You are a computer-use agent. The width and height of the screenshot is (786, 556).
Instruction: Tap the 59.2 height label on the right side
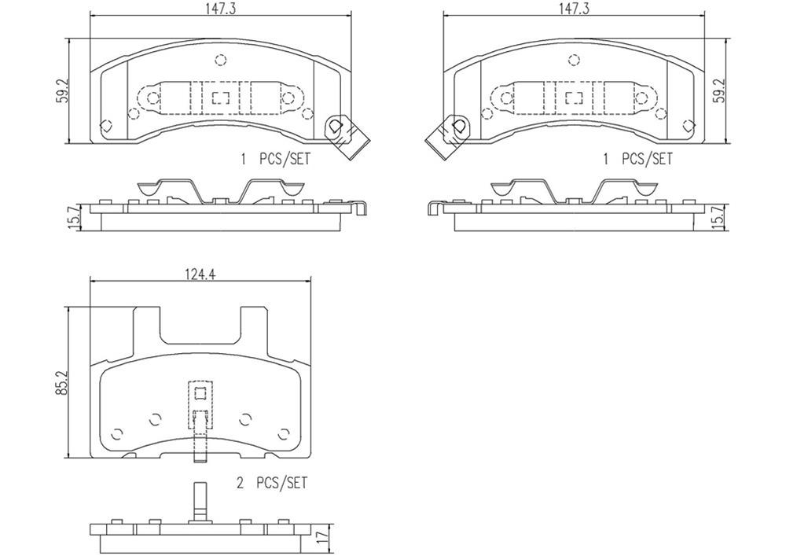pos(717,90)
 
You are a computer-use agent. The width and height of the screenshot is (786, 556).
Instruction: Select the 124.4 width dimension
pos(200,274)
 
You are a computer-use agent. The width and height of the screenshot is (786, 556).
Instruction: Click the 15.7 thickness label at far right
pos(718,216)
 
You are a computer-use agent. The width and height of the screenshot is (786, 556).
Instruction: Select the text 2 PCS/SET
pos(271,483)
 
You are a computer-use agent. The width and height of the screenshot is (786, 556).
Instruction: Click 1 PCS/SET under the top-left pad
pos(275,159)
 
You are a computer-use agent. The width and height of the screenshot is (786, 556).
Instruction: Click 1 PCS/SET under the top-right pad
pos(637,159)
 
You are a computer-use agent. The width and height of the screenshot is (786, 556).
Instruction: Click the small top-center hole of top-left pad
pos(220,59)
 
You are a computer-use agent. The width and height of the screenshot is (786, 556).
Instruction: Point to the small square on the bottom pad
pos(200,395)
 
